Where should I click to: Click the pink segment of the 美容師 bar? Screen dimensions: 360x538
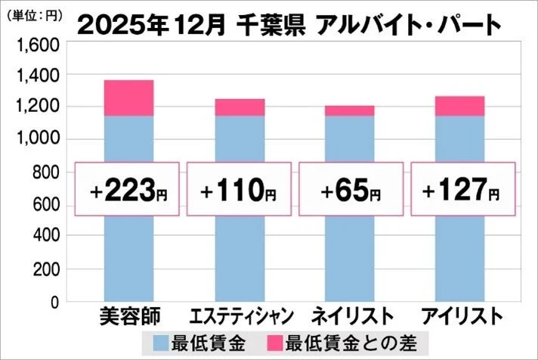tap(128, 98)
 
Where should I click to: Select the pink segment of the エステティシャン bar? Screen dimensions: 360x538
tap(240, 107)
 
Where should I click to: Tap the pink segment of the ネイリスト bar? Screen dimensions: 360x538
tap(350, 110)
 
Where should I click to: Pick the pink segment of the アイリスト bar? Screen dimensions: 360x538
tap(460, 106)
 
